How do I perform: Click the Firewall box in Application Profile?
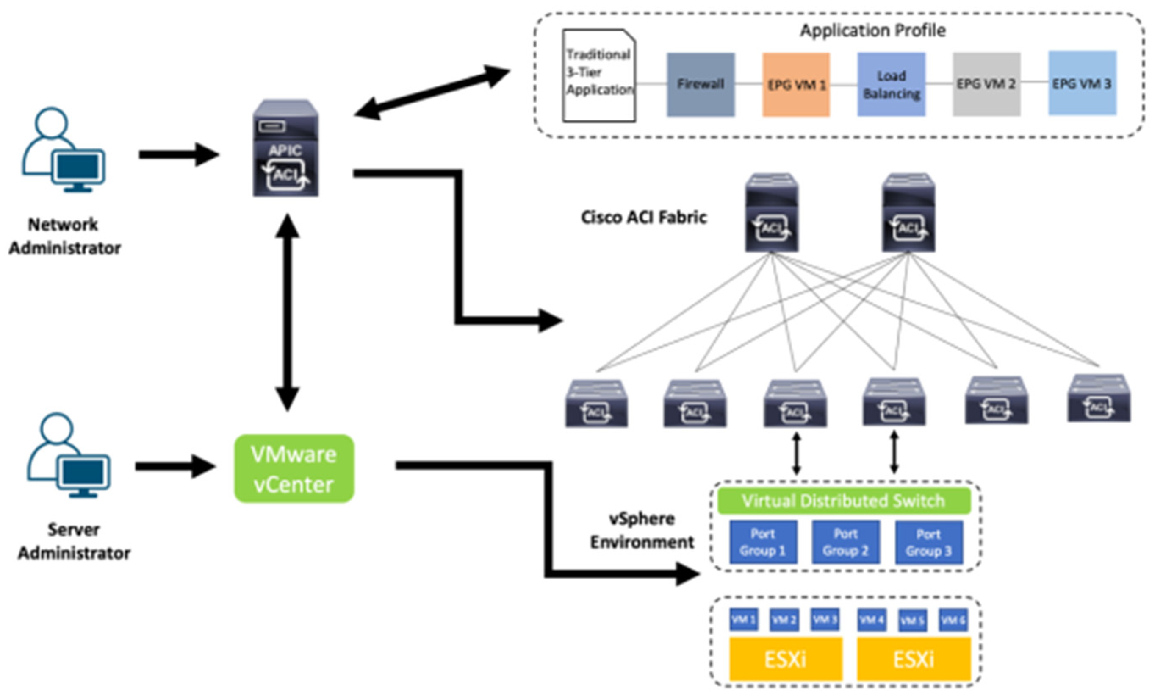pos(700,84)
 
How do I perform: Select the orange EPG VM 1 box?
pos(796,84)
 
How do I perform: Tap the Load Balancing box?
pos(891,84)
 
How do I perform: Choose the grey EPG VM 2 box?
pos(986,84)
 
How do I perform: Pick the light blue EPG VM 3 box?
pos(1082,83)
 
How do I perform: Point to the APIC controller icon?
pos(285,148)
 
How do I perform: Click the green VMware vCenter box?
pos(294,469)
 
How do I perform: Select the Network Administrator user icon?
pos(64,150)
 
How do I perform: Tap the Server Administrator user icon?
pos(69,455)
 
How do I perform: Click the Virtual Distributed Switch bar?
pos(844,501)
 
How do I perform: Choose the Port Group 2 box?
pos(845,542)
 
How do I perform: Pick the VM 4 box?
pos(872,620)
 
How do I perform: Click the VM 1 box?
pos(743,620)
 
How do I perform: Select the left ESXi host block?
pos(786,659)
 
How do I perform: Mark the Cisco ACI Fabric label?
pos(643,217)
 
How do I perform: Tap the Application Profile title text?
pos(872,31)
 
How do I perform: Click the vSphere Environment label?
pos(642,530)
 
